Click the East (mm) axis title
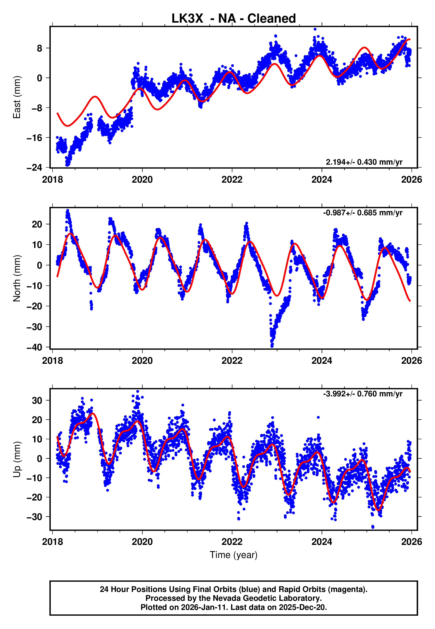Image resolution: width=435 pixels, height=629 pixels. point(17,97)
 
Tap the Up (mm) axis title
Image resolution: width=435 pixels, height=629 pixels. point(17,459)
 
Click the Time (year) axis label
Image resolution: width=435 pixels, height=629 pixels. point(233,555)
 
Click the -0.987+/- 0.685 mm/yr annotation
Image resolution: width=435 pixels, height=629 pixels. point(363,213)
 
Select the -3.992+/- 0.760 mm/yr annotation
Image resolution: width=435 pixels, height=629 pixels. point(363,394)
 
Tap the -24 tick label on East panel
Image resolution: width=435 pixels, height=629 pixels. point(34,167)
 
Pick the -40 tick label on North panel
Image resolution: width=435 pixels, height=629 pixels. point(34,347)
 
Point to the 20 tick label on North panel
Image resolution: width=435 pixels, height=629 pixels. point(37,224)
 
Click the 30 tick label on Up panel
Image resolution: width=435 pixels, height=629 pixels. point(37,400)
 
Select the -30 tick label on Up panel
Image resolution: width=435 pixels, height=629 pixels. point(34,517)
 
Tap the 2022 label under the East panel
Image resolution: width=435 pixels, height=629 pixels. point(232,180)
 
